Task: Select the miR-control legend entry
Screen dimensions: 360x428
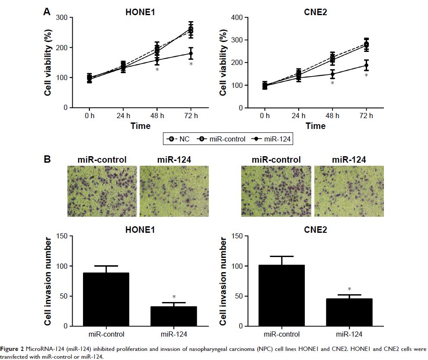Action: tap(223, 139)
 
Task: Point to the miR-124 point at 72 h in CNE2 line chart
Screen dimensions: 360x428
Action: tap(366, 66)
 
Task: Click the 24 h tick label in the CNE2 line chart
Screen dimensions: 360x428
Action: tap(299, 116)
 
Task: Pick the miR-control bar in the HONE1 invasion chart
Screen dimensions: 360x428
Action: tap(103, 299)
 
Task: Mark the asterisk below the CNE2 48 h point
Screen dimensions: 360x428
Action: tap(332, 83)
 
